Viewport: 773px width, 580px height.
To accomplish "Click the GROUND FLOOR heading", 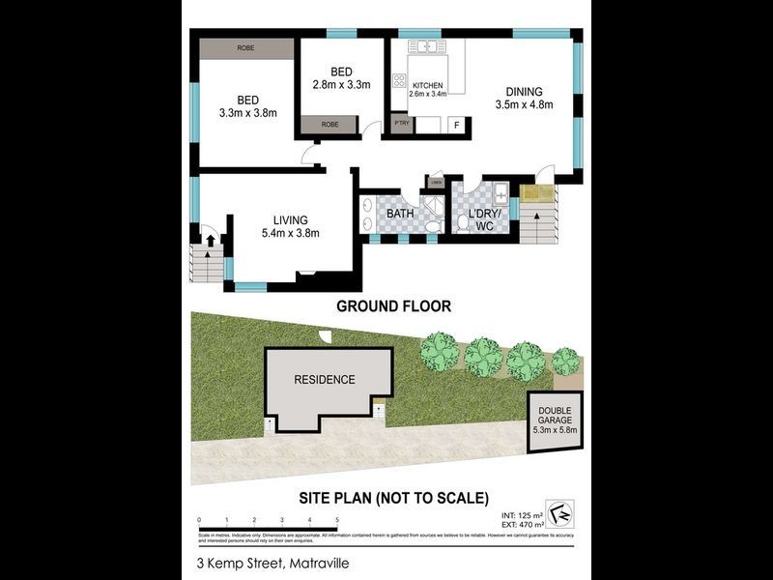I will [393, 306].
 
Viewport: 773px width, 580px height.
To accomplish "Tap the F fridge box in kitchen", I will [457, 125].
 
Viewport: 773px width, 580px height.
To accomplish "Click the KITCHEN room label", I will [427, 85].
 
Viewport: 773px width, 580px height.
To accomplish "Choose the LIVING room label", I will [289, 220].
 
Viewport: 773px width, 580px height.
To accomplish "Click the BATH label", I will [400, 214].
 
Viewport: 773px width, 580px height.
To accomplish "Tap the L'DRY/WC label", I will [480, 218].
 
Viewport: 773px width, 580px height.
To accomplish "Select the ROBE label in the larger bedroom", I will [245, 47].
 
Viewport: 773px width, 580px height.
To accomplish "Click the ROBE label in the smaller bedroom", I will [329, 125].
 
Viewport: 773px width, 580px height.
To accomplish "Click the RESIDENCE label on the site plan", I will [325, 380].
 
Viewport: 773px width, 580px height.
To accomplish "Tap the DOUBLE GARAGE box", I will [555, 418].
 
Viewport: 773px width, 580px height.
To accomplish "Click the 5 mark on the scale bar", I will [337, 520].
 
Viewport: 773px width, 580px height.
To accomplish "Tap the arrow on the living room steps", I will [209, 239].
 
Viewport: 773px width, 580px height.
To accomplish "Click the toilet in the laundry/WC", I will [463, 224].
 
